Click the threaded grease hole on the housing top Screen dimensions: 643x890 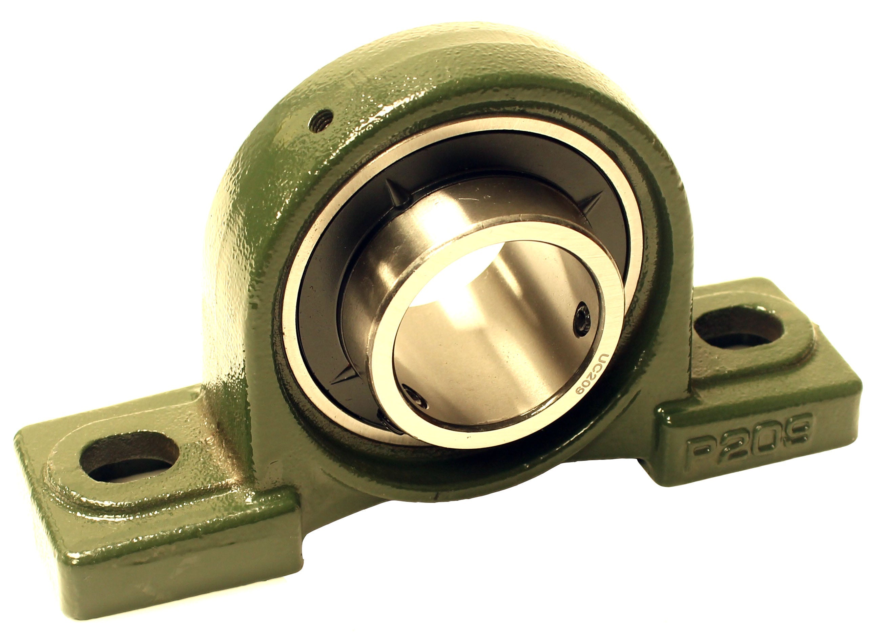coord(320,121)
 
